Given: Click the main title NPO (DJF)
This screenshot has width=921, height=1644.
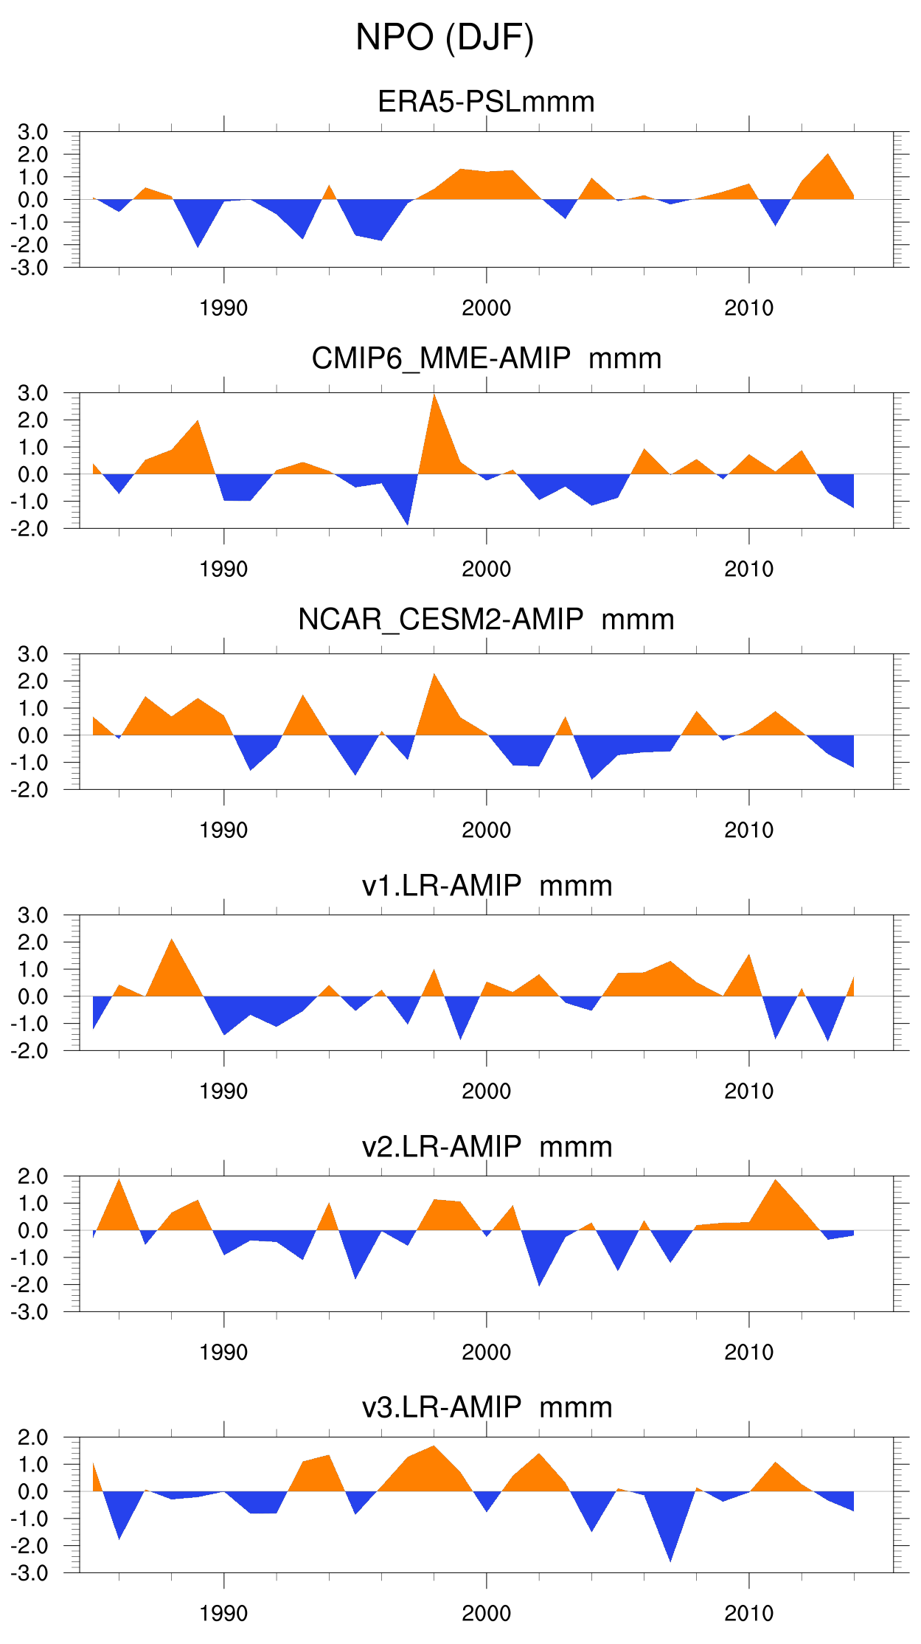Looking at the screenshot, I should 445,38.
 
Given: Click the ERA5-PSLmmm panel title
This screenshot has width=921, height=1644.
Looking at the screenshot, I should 486,102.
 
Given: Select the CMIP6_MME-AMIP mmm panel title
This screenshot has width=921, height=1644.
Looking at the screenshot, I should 486,358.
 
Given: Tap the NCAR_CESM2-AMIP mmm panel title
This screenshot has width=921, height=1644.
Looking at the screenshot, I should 486,620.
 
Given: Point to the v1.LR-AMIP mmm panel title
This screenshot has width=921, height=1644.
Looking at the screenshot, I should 487,885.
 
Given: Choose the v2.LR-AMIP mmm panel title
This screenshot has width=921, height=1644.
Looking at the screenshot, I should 487,1146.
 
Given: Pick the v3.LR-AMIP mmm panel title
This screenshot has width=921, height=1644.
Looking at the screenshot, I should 487,1407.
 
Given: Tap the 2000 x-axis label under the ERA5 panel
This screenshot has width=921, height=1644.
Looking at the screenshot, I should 486,308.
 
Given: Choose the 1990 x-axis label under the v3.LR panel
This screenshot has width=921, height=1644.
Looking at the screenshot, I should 223,1614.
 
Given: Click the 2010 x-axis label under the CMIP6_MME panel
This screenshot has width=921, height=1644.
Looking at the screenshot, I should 748,569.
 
